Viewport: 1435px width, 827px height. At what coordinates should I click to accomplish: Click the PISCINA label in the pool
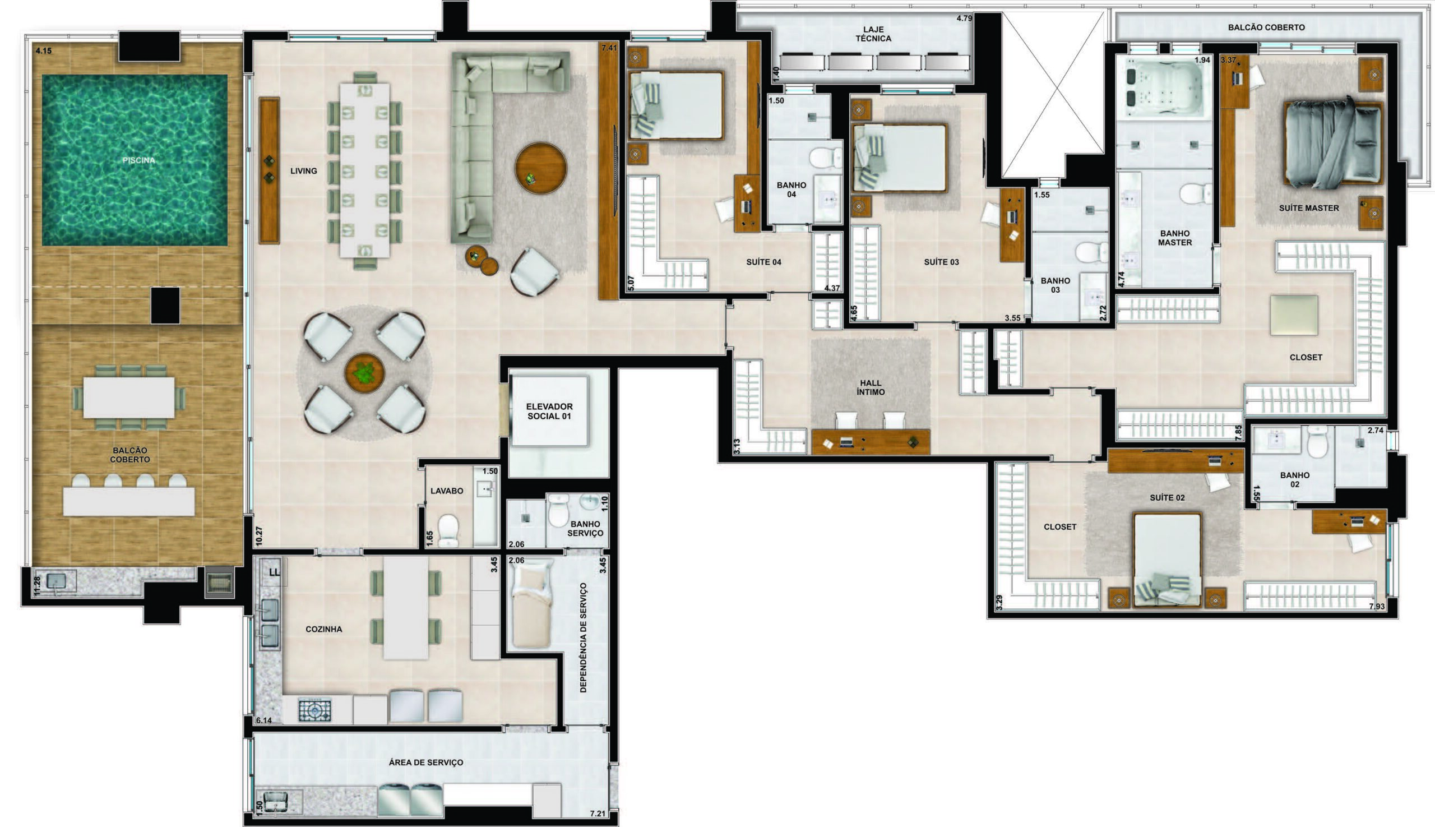pyautogui.click(x=138, y=160)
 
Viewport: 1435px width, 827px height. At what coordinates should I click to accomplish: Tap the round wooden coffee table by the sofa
pyautogui.click(x=540, y=168)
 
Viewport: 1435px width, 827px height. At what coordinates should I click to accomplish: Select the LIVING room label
pyautogui.click(x=304, y=171)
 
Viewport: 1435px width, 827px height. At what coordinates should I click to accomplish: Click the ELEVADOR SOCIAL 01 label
pyautogui.click(x=549, y=411)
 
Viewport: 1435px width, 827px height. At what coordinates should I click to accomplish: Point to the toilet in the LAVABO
pyautogui.click(x=448, y=530)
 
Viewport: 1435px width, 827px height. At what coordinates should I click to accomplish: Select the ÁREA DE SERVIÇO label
pyautogui.click(x=426, y=763)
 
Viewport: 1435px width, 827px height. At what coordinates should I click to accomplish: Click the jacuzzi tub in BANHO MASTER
pyautogui.click(x=1163, y=88)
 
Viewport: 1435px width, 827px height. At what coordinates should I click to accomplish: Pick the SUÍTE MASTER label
pyautogui.click(x=1309, y=209)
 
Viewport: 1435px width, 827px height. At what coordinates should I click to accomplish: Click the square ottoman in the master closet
pyautogui.click(x=1294, y=315)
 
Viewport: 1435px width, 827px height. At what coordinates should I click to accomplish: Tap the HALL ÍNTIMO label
pyautogui.click(x=871, y=387)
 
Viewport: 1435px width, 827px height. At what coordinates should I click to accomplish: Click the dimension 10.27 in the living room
pyautogui.click(x=260, y=536)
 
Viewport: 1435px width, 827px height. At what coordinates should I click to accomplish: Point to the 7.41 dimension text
pyautogui.click(x=609, y=48)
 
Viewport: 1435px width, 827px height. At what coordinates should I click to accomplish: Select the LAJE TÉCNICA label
pyautogui.click(x=873, y=34)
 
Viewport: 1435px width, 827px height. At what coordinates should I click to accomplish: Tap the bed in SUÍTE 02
pyautogui.click(x=1168, y=560)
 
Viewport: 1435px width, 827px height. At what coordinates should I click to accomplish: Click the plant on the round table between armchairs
pyautogui.click(x=364, y=373)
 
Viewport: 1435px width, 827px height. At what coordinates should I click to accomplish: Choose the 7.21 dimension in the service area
pyautogui.click(x=598, y=814)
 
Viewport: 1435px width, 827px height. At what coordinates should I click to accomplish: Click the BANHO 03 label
pyautogui.click(x=1055, y=285)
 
